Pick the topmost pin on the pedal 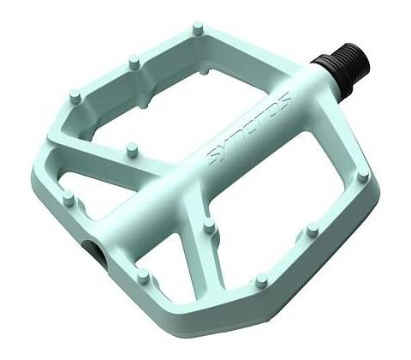click(198, 28)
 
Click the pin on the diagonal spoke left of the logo click(132, 150)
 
